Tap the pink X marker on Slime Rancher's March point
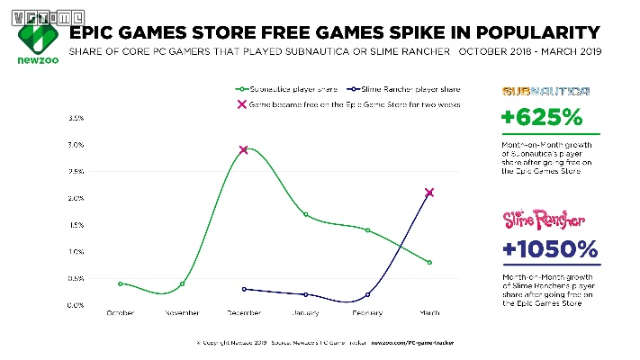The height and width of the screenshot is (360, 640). tap(429, 192)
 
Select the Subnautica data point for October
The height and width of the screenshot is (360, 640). tap(121, 283)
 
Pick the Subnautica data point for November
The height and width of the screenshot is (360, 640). tap(183, 283)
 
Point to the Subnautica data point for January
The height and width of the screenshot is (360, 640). tap(306, 214)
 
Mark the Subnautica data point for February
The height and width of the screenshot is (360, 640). tap(368, 230)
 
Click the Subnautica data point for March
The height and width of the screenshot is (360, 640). tap(429, 262)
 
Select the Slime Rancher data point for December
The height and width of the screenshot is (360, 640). tap(244, 289)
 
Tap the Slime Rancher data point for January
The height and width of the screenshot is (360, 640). tap(306, 294)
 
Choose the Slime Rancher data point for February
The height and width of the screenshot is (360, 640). tap(368, 294)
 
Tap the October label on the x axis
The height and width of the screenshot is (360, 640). tap(121, 313)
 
